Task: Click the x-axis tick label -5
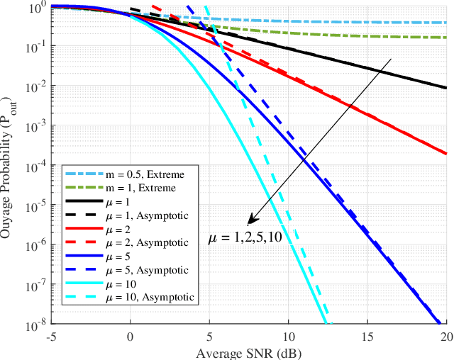point(50,337)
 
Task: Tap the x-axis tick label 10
point(288,337)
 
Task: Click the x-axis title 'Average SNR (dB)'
point(248,351)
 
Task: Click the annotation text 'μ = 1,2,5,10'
point(245,237)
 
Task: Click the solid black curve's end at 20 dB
point(446,88)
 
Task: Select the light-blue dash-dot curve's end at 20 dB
point(446,23)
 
